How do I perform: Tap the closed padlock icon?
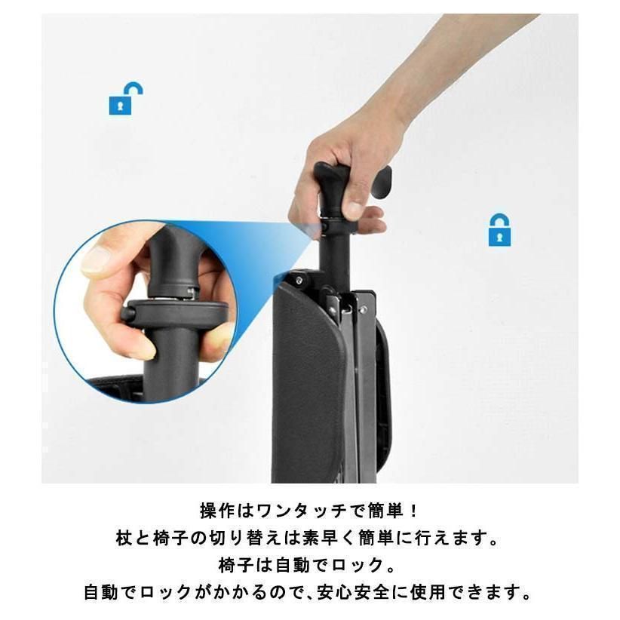click(x=499, y=230)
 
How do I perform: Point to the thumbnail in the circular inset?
click(x=97, y=261)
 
